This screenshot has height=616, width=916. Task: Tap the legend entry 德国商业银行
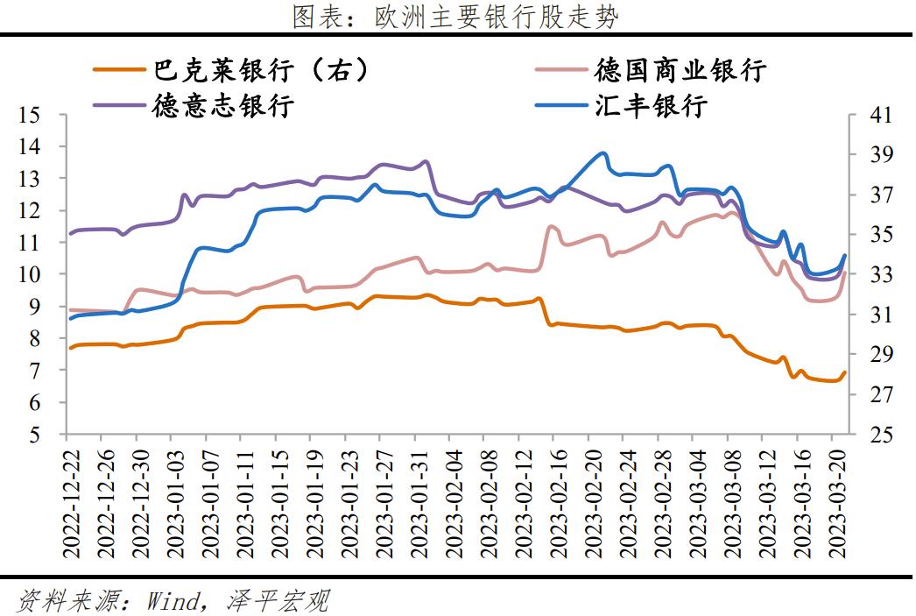[680, 70]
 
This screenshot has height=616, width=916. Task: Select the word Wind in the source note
[174, 601]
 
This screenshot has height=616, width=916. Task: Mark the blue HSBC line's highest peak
[603, 153]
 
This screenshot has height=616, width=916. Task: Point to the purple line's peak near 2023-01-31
[426, 161]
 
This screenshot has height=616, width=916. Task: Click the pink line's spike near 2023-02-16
[550, 226]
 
